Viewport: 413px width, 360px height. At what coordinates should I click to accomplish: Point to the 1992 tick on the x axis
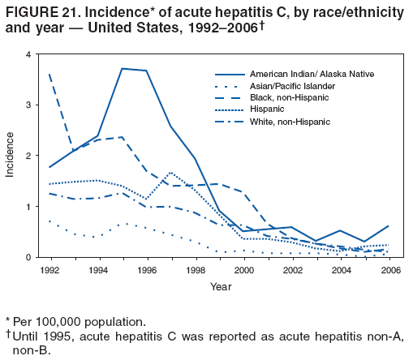pyautogui.click(x=49, y=268)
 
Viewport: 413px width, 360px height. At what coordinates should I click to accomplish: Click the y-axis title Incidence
pyautogui.click(x=10, y=156)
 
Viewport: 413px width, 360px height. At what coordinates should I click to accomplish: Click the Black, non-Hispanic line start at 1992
pyautogui.click(x=49, y=75)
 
